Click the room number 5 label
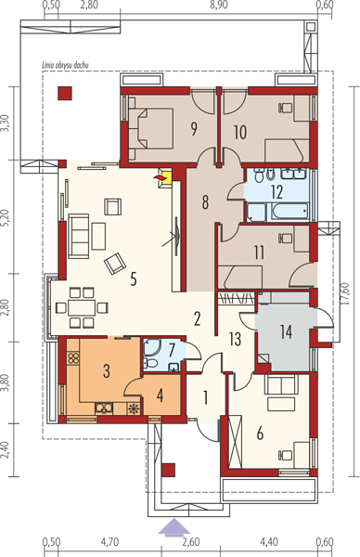[133, 279]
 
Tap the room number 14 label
[286, 331]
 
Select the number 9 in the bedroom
[194, 129]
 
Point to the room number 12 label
[276, 192]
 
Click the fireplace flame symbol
[159, 177]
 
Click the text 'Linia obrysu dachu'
[65, 65]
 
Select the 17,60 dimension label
[346, 293]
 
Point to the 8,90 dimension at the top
[219, 5]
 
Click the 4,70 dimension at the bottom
[109, 542]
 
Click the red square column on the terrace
[65, 93]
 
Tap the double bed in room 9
[151, 128]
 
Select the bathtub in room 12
[290, 212]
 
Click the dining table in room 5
[82, 307]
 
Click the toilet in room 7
[151, 363]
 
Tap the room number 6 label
[260, 434]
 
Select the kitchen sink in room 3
[104, 408]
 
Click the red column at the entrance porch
[168, 470]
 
